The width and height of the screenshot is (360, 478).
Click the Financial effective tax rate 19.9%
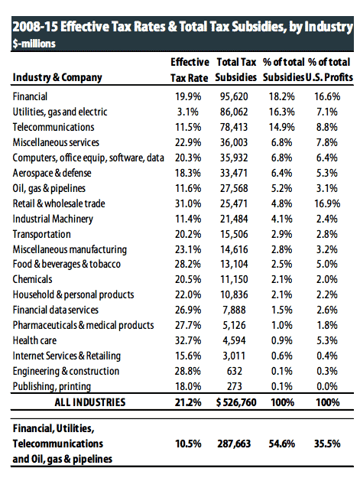[x=188, y=96]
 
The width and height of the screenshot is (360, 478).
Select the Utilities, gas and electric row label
[x=60, y=112]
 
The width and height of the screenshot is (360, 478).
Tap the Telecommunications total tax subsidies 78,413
[x=234, y=127]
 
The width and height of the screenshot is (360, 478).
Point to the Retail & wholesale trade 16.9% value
[x=327, y=203]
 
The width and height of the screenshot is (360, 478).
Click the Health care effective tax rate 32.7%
[x=188, y=340]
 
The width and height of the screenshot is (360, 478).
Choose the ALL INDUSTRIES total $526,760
[x=236, y=402]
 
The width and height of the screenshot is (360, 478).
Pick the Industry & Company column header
[x=57, y=77]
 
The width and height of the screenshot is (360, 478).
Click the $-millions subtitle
[x=34, y=44]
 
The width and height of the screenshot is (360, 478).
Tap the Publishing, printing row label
[x=52, y=386]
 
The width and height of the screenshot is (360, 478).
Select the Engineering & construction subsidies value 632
[x=234, y=371]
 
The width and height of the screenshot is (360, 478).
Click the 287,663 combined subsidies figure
[x=234, y=444]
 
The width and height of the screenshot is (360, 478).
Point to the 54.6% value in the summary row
[x=282, y=444]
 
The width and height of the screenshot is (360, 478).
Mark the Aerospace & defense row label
[x=52, y=173]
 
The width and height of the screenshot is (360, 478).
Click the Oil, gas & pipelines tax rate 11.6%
[x=188, y=188]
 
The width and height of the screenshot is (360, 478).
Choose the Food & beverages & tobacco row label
[x=66, y=264]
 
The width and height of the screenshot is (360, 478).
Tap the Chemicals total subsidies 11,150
[x=234, y=280]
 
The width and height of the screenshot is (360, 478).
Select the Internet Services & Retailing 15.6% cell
[x=188, y=356]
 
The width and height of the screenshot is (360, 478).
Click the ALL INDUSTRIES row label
[x=90, y=402]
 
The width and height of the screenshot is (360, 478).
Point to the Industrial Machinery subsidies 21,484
[x=234, y=219]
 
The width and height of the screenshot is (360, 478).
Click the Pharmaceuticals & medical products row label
[x=83, y=325]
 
